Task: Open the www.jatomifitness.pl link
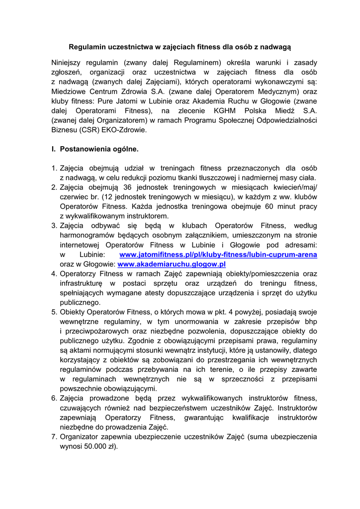tap(218, 254)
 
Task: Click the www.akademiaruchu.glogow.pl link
tap(172, 264)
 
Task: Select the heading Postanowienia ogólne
tap(99, 149)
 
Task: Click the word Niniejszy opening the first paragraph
tap(68, 63)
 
